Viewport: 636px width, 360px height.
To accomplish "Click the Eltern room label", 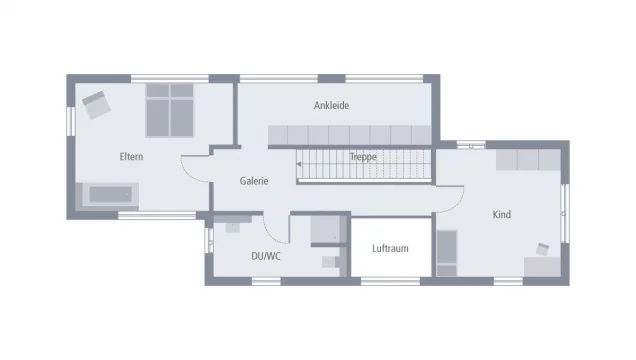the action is (131, 156).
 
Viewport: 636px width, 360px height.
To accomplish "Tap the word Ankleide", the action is (331, 105).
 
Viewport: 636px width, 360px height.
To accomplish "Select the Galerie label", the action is (254, 181).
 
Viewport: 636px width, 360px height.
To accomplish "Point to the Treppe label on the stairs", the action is (363, 157).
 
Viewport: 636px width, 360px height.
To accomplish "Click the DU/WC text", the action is (266, 256).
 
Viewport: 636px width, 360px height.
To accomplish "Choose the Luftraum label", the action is (390, 249).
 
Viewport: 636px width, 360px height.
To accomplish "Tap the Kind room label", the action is (502, 214).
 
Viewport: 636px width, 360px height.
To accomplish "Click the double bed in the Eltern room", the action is (170, 110).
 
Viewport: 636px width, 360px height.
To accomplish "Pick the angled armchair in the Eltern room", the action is (96, 105).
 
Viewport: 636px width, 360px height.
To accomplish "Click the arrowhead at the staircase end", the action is (299, 164).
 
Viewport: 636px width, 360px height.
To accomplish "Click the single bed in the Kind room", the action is (447, 253).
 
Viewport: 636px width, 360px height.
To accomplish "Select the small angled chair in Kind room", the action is (542, 249).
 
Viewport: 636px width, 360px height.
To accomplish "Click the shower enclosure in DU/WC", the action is (325, 229).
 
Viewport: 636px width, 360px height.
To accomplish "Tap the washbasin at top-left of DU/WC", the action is (233, 227).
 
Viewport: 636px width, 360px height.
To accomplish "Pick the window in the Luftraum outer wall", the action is (390, 281).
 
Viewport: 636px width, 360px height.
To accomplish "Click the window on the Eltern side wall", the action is (71, 121).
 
